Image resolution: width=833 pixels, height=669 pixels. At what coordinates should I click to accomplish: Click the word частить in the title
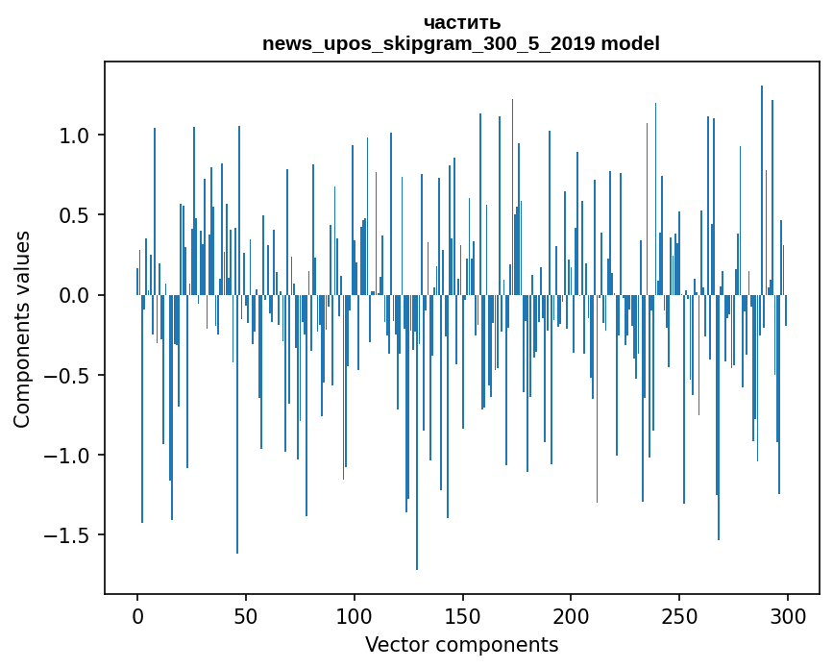point(461,23)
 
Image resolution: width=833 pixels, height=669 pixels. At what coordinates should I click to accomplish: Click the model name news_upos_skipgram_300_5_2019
point(429,43)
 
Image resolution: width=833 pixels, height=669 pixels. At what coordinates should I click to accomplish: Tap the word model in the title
point(630,43)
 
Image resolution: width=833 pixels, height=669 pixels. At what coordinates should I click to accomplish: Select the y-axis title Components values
point(22,330)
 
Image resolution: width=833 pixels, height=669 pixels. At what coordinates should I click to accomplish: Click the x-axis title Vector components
point(461,645)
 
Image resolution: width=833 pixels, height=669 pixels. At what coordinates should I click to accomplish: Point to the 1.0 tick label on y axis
point(73,136)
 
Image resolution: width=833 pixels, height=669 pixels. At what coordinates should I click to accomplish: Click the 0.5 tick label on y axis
point(73,215)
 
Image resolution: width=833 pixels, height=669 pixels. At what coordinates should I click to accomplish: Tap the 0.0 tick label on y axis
point(73,295)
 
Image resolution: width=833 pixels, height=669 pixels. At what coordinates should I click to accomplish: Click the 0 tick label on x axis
point(137,617)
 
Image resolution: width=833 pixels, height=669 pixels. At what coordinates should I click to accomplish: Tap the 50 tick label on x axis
point(245,617)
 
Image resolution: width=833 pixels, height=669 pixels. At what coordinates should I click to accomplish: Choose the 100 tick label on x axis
point(354,617)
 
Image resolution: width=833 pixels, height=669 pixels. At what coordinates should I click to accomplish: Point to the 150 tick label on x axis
point(462,617)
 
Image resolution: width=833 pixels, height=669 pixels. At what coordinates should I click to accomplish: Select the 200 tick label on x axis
point(571,617)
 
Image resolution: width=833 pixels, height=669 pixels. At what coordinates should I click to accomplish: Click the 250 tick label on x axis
point(679,617)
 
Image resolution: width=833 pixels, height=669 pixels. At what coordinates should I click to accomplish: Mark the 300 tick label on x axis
point(787,617)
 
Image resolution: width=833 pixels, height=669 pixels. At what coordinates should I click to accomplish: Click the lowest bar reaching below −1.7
point(417,433)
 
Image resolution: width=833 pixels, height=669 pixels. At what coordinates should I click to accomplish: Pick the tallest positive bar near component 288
point(762,190)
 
